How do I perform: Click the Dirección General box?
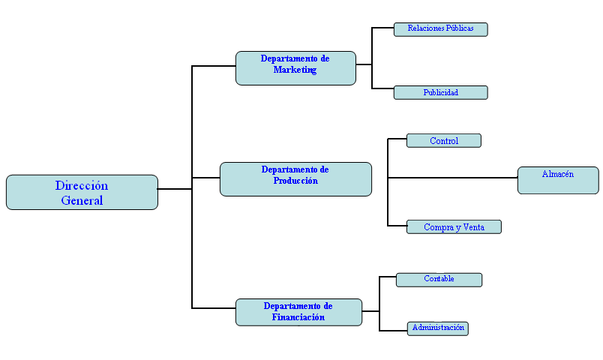tap(82, 192)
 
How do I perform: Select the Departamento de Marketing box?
tap(295, 68)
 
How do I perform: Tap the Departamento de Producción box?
tap(295, 179)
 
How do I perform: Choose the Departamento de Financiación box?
tap(298, 312)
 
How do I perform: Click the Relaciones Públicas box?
tap(440, 29)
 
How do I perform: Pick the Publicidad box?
tap(440, 93)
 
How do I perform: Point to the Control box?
tap(443, 140)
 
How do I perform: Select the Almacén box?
tap(558, 180)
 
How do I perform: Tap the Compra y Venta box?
tap(453, 227)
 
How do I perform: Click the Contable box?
tap(439, 280)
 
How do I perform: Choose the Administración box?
tap(439, 328)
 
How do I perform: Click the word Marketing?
tap(295, 70)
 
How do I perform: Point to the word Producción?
tap(295, 181)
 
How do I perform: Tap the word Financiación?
tap(298, 317)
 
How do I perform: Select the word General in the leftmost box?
tap(82, 200)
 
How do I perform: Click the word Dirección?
tap(82, 185)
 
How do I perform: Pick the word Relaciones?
tap(426, 28)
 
